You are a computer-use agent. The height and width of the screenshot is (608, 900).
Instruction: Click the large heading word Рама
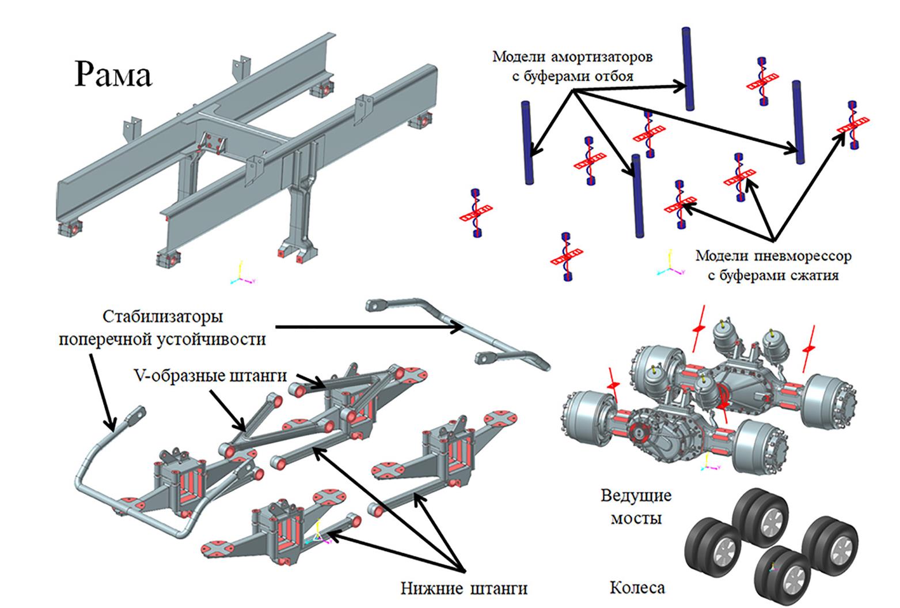(113, 74)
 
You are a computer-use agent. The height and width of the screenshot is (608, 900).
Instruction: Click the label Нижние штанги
(464, 588)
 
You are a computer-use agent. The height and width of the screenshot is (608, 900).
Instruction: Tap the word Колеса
(637, 588)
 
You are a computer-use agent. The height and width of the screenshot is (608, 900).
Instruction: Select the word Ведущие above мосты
(636, 496)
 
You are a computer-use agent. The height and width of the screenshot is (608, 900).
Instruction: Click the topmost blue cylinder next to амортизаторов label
(688, 68)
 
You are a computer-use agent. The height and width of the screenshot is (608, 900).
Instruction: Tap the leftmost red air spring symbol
(476, 213)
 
